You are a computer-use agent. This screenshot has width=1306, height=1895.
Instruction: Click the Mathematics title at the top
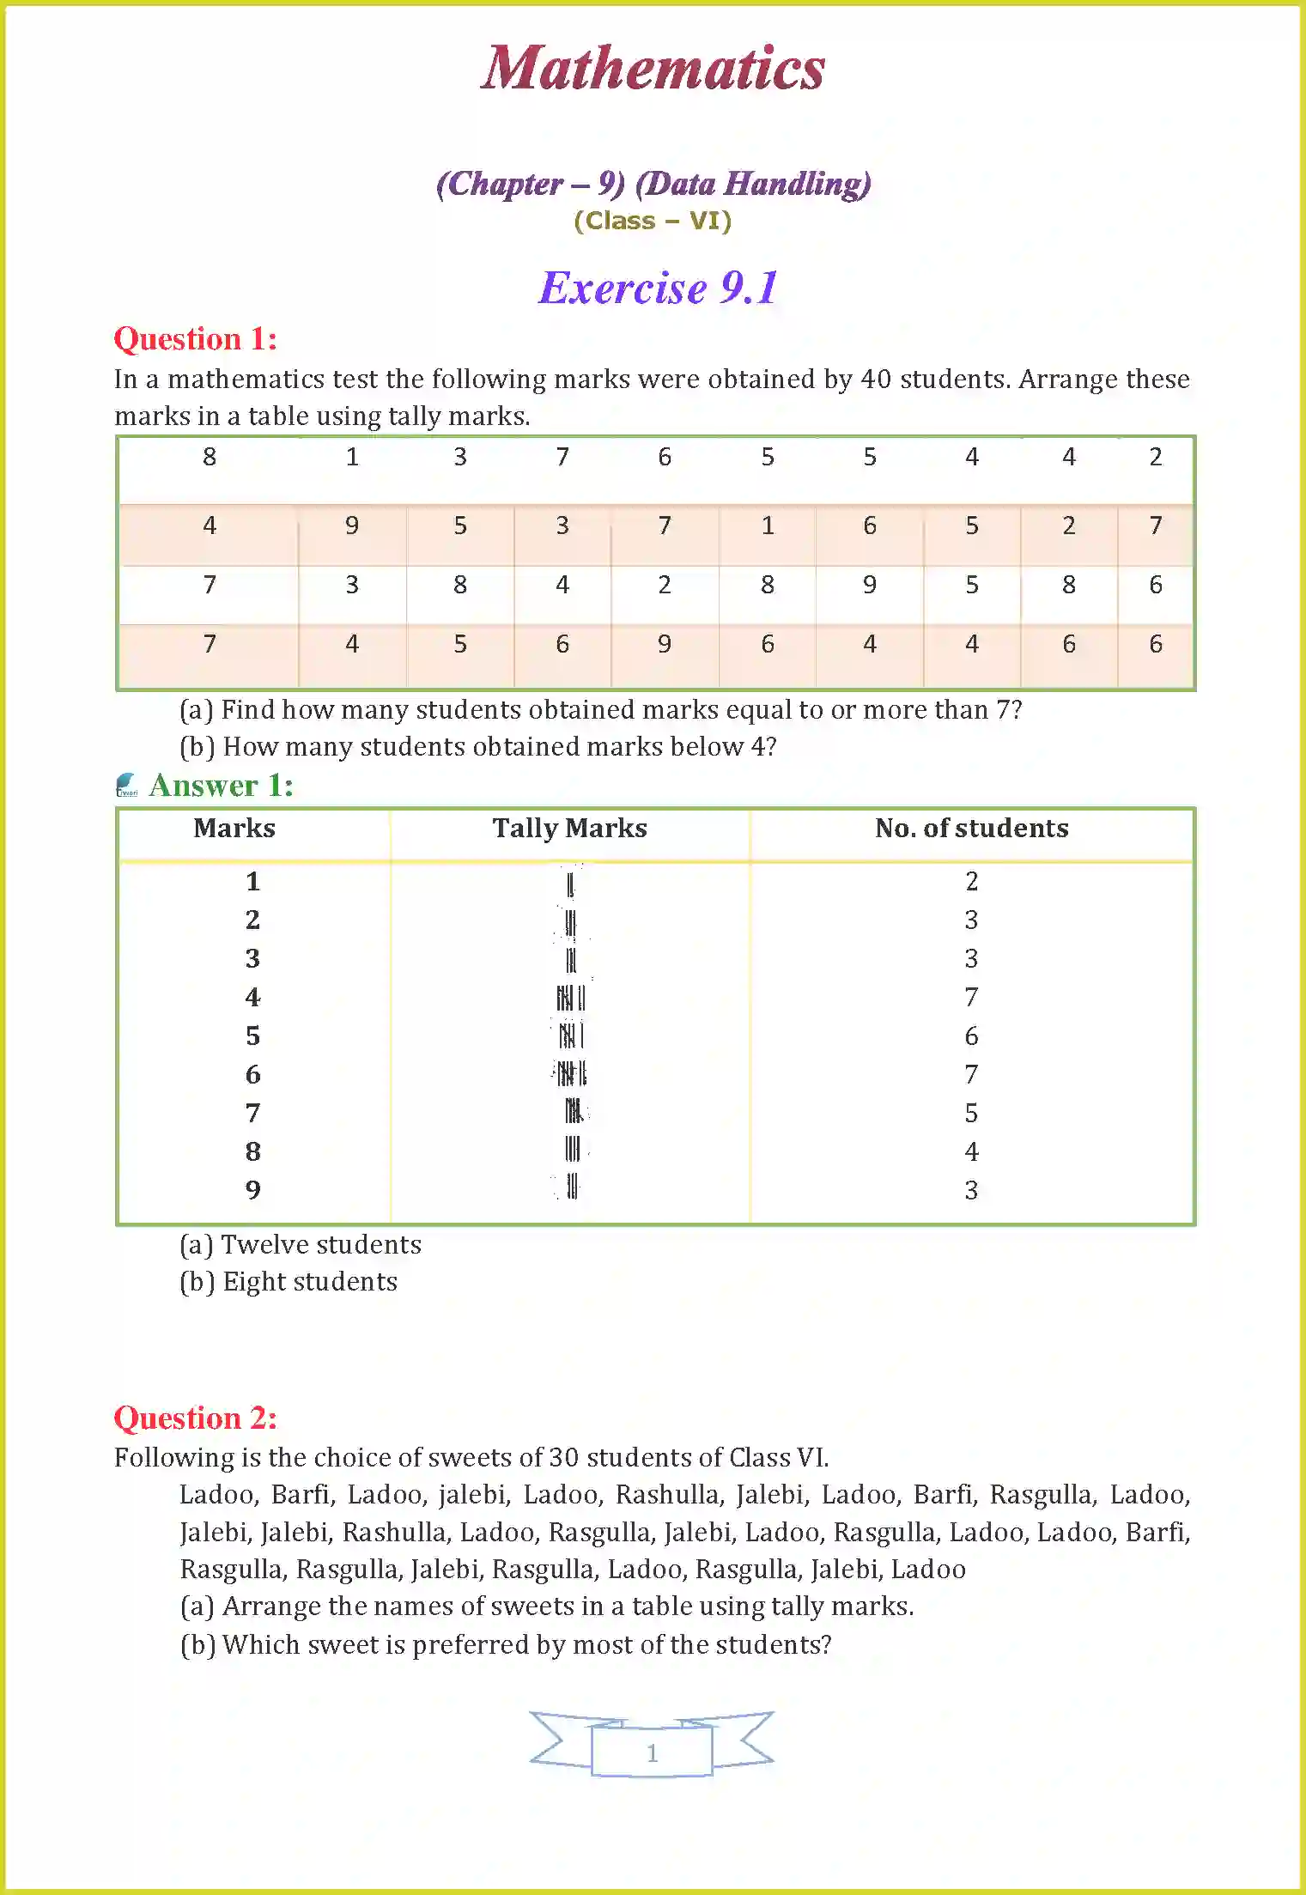[x=653, y=69]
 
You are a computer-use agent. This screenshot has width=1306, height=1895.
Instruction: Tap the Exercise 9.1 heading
[x=658, y=288]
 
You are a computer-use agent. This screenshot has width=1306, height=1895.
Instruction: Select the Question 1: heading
[x=196, y=339]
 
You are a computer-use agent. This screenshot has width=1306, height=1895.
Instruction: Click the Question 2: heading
[x=196, y=1418]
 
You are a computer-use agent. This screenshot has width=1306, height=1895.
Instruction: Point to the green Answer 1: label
[x=221, y=786]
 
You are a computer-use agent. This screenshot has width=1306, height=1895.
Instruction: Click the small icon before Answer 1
[x=126, y=785]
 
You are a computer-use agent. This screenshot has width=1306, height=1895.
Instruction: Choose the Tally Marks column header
[x=569, y=829]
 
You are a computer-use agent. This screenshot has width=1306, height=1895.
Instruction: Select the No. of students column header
[x=971, y=829]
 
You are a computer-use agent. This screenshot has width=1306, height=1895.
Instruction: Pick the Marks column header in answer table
[x=234, y=829]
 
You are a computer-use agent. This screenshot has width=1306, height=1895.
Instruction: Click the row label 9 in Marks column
[x=252, y=1190]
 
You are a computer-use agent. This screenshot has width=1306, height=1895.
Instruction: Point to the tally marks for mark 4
[x=571, y=998]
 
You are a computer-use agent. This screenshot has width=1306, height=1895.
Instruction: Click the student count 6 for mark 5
[x=971, y=1036]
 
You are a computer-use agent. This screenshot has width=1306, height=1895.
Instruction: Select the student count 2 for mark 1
[x=971, y=882]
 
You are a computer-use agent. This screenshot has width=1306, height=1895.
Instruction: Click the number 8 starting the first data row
[x=210, y=458]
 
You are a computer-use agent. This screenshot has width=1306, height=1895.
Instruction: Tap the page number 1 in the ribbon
[x=652, y=1752]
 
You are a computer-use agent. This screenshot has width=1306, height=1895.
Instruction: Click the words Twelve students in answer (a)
[x=321, y=1245]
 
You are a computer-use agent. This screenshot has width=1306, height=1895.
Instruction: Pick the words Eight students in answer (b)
[x=310, y=1282]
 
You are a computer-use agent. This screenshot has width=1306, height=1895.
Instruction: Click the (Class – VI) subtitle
[x=653, y=222]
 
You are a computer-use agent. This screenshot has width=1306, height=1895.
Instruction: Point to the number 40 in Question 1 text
[x=876, y=380]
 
